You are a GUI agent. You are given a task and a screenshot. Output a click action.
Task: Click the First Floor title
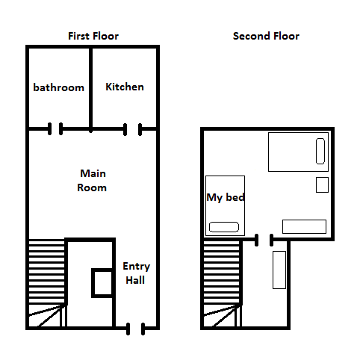93,36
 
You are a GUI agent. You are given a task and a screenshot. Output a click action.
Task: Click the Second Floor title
266,36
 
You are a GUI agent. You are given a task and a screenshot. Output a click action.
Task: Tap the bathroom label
59,87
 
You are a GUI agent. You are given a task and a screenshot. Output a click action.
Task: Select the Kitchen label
125,87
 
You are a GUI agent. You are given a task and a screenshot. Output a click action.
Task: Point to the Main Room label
92,181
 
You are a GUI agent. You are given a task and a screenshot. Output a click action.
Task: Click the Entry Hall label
136,273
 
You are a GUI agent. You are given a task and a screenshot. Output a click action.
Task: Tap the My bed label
226,197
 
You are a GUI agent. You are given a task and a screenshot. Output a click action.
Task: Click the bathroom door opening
55,129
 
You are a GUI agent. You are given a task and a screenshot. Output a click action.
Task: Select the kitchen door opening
133,129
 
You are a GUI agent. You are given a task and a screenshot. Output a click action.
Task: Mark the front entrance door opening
135,329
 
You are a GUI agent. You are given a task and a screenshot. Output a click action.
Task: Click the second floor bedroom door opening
264,240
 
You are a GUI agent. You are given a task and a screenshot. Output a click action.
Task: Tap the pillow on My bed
224,227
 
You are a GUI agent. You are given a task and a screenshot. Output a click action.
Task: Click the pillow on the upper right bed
320,151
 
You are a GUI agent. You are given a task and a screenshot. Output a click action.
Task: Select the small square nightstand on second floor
322,184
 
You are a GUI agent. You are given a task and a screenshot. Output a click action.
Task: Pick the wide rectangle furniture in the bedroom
304,226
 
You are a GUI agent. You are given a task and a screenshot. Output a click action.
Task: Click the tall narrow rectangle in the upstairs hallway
279,270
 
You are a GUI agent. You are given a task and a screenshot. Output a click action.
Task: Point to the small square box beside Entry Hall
102,283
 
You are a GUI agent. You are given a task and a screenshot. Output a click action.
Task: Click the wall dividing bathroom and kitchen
91,89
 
